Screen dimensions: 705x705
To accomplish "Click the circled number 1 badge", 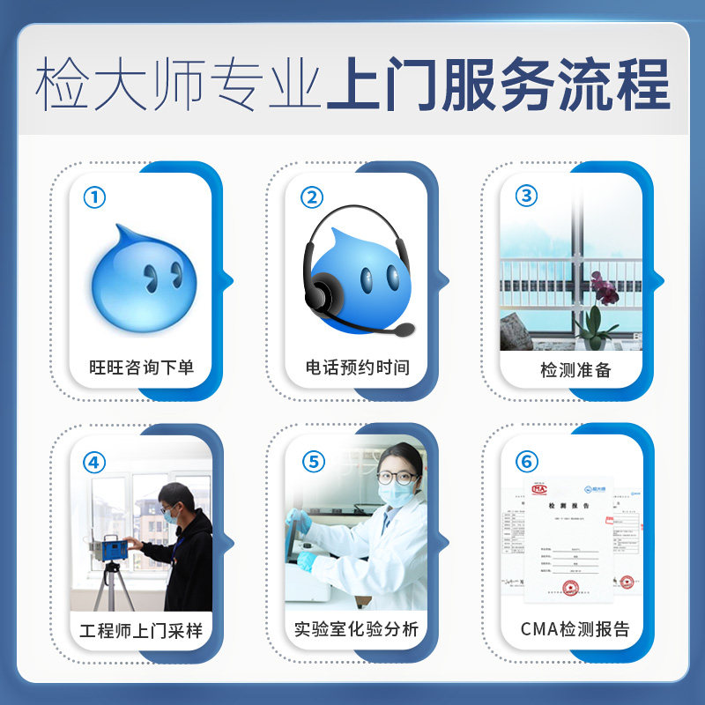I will click(94, 197).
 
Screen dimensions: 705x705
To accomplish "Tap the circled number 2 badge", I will click(311, 197).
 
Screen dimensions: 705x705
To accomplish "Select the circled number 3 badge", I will click(526, 196).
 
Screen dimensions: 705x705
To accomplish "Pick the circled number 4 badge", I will click(94, 461).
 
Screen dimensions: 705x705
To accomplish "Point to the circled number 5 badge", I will click(311, 461).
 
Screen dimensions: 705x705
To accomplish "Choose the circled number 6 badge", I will click(526, 461).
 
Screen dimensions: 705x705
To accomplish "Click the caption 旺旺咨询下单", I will click(141, 367).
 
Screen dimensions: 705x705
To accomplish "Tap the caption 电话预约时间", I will click(357, 367).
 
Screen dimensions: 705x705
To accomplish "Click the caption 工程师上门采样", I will click(141, 630).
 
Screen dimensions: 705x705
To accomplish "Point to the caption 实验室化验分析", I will click(357, 630).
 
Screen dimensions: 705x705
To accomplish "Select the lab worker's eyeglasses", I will click(397, 478).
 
